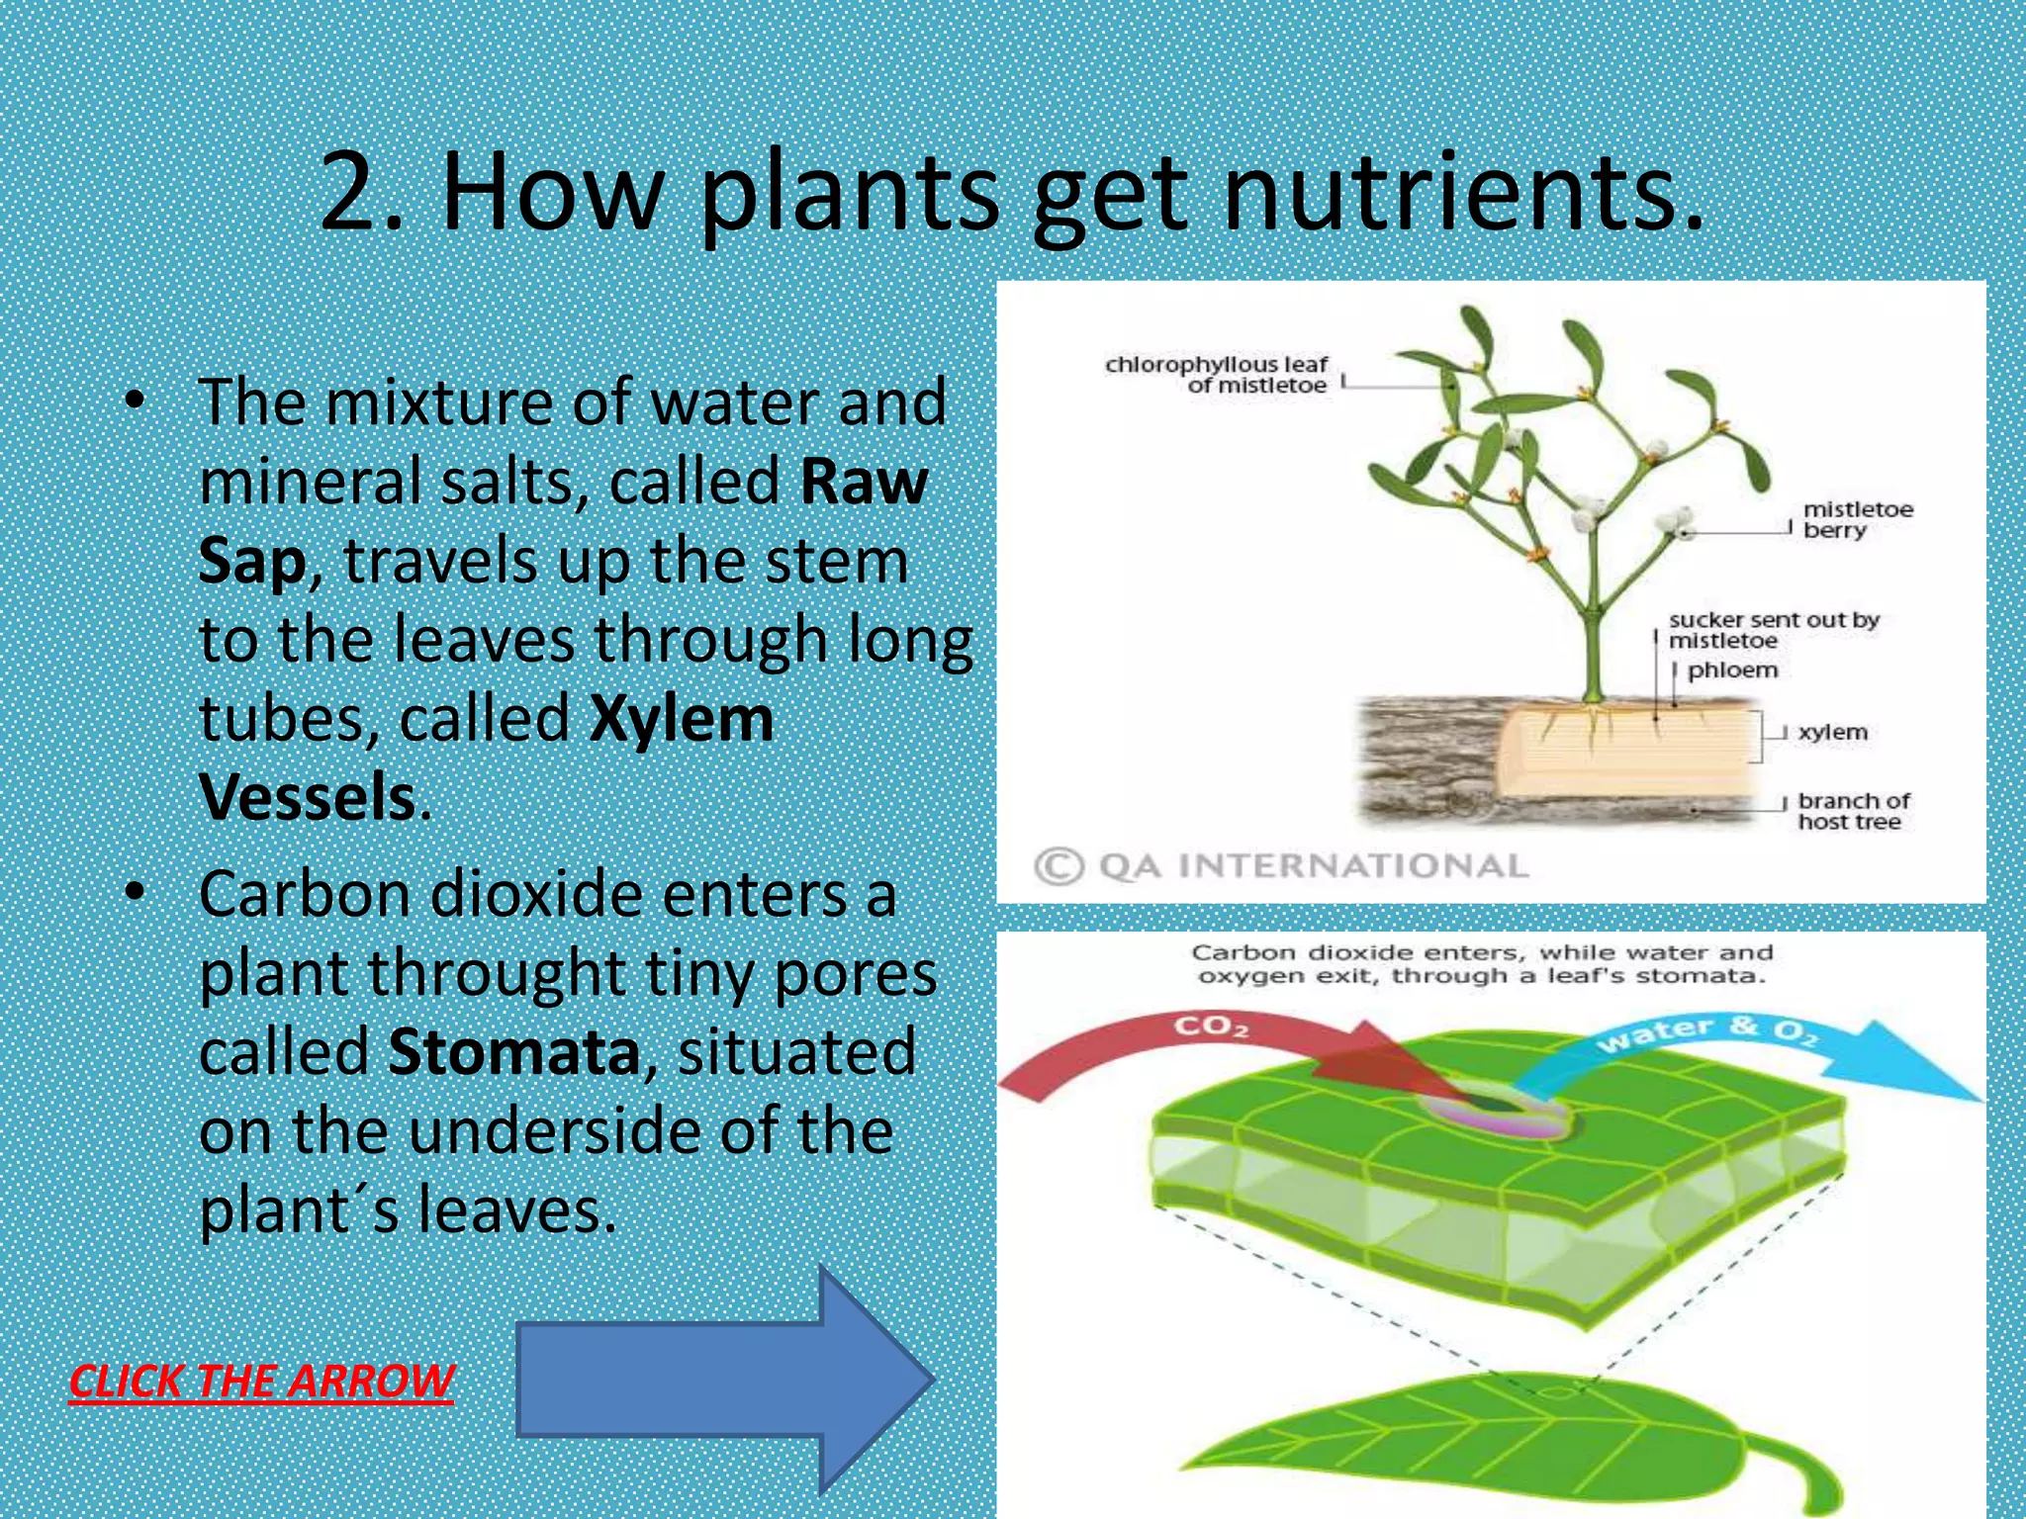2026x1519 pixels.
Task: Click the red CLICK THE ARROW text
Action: pyautogui.click(x=261, y=1381)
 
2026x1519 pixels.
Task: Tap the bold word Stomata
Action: pyautogui.click(x=513, y=1051)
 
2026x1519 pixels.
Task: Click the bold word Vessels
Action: pyautogui.click(x=307, y=797)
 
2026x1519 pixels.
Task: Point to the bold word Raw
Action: pyautogui.click(x=864, y=482)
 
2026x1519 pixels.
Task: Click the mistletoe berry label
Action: pyautogui.click(x=1857, y=519)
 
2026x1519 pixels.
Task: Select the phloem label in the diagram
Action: pyautogui.click(x=1732, y=670)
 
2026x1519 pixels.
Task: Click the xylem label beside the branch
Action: pyautogui.click(x=1832, y=732)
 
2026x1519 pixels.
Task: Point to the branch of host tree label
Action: pyautogui.click(x=1852, y=811)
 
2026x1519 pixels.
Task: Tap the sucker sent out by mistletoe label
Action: pyautogui.click(x=1772, y=630)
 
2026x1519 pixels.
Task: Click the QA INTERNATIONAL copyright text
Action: pyautogui.click(x=1282, y=866)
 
